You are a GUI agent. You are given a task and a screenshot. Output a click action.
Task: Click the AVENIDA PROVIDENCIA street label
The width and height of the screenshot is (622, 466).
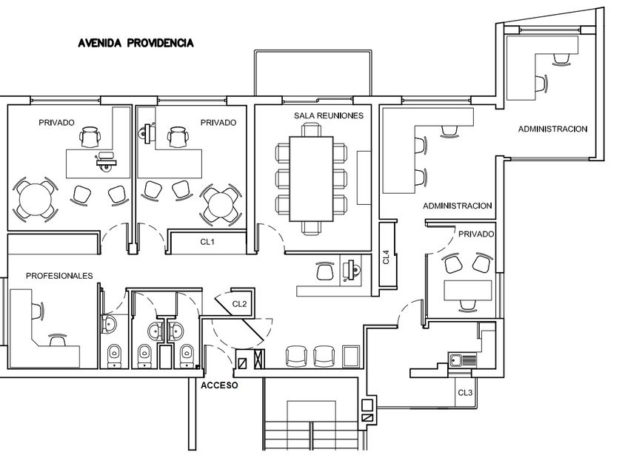136,43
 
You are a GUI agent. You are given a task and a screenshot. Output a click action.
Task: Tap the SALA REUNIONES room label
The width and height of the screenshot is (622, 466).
329,116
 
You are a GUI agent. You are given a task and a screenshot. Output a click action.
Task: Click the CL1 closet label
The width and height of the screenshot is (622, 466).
207,242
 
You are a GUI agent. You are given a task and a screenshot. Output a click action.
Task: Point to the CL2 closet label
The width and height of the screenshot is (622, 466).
239,303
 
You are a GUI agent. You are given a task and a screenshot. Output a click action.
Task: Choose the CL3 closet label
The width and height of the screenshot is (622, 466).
465,392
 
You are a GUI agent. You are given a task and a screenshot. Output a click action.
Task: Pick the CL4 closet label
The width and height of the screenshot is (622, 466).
386,257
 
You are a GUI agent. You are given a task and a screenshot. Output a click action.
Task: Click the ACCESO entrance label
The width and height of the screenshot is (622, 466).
220,385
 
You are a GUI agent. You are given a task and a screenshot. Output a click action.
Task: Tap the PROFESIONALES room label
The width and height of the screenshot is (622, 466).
59,276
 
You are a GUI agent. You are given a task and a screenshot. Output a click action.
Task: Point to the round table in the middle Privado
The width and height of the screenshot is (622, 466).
221,202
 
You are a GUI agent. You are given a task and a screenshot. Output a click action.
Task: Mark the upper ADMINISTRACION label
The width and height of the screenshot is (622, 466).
552,129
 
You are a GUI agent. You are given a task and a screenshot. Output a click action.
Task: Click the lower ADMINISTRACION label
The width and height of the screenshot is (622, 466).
458,206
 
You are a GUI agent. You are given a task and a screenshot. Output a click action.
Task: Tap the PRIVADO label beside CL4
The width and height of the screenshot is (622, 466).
476,234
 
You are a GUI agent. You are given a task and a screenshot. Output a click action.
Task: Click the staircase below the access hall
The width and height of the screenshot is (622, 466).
311,433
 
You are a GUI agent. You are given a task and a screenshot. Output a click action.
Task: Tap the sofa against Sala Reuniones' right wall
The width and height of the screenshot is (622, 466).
364,178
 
